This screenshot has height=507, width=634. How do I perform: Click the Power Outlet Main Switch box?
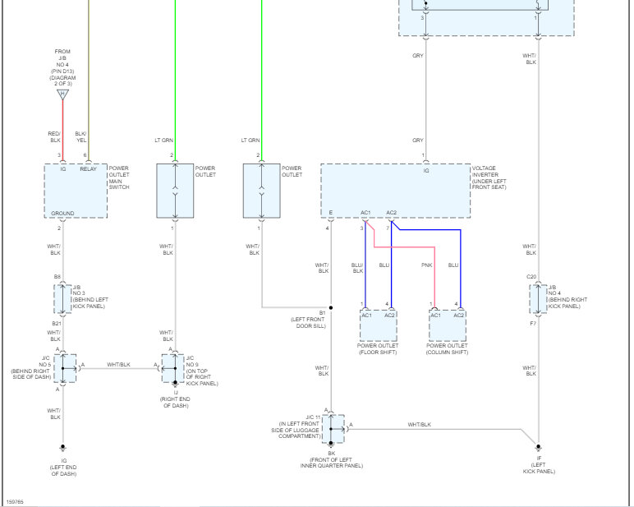pyautogui.click(x=76, y=191)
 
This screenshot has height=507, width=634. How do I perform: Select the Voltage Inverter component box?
pyautogui.click(x=395, y=191)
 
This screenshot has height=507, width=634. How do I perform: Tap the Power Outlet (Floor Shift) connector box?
pyautogui.click(x=378, y=326)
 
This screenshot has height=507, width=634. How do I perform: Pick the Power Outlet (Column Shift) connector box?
pyautogui.click(x=447, y=326)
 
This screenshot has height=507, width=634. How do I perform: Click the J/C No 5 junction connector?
pyautogui.click(x=65, y=369)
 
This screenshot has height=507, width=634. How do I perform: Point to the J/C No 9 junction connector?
pyautogui.click(x=173, y=369)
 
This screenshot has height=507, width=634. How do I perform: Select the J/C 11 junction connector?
pyautogui.click(x=333, y=429)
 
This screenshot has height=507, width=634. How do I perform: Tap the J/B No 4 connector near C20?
pyautogui.click(x=539, y=298)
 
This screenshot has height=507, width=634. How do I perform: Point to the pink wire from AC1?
pyautogui.click(x=402, y=247)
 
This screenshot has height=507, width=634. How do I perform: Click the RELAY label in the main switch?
pyautogui.click(x=88, y=168)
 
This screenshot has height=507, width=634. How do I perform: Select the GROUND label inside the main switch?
pyautogui.click(x=62, y=214)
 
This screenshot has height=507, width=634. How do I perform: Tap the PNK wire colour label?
pyautogui.click(x=426, y=265)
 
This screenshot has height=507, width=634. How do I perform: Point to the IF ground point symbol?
pyautogui.click(x=539, y=449)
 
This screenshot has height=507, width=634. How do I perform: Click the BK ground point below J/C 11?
pyautogui.click(x=330, y=445)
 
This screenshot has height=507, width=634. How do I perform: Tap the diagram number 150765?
pyautogui.click(x=16, y=500)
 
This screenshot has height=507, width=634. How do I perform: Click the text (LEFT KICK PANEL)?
pyautogui.click(x=539, y=471)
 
